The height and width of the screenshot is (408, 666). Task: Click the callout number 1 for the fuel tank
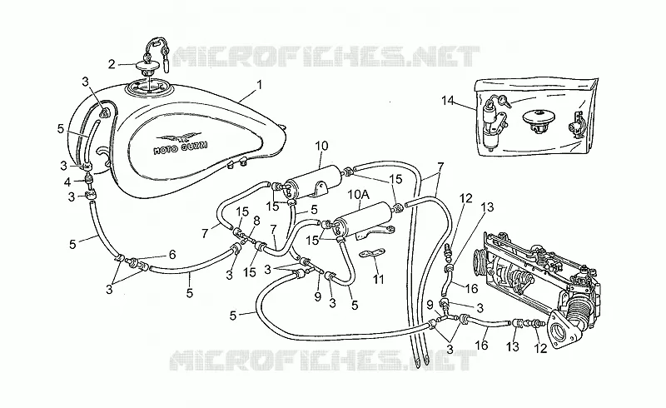click(x=259, y=85)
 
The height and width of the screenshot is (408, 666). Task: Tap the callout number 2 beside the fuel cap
click(x=112, y=64)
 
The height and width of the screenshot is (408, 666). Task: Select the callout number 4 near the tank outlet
click(x=67, y=182)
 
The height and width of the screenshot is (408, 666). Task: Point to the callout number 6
click(x=172, y=255)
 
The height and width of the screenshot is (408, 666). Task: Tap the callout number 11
click(x=379, y=279)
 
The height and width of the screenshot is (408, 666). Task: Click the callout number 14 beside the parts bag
click(x=448, y=101)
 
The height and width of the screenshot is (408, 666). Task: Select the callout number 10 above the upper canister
click(x=321, y=146)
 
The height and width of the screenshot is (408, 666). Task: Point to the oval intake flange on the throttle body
click(x=560, y=329)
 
